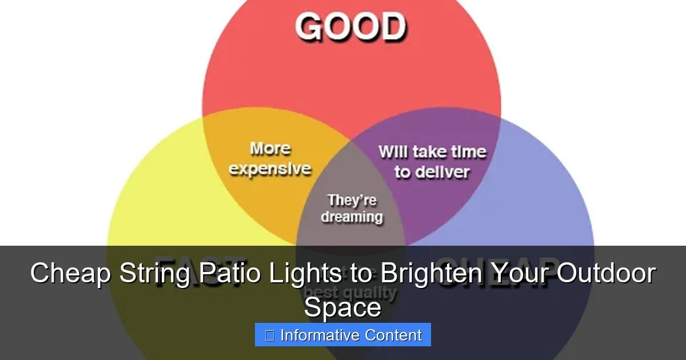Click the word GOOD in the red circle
(x=350, y=27)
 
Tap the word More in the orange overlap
(x=270, y=149)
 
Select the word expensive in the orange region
(x=270, y=169)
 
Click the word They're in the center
(x=352, y=201)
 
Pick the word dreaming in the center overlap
(x=352, y=217)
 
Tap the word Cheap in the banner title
(x=70, y=273)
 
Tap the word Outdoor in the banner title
(x=606, y=273)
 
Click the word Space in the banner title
(x=342, y=307)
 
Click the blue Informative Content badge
(x=342, y=335)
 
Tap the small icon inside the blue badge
(x=269, y=335)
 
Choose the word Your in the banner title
(x=521, y=273)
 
